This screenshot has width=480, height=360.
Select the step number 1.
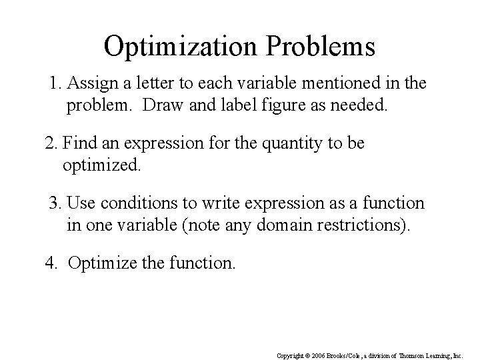pyautogui.click(x=55, y=85)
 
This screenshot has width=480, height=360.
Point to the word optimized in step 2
pyautogui.click(x=101, y=164)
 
